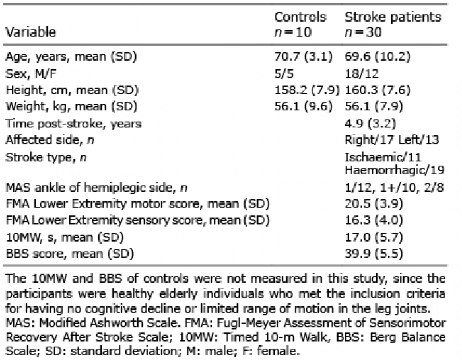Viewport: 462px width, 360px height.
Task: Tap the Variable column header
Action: [x=30, y=32]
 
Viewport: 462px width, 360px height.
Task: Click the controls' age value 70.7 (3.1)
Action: [x=303, y=56]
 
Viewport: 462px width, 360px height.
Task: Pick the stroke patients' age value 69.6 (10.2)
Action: [x=378, y=56]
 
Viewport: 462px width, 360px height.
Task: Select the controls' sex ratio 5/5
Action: [x=284, y=73]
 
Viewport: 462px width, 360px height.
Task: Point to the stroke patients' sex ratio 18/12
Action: [x=362, y=73]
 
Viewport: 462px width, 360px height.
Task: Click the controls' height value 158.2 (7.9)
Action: [x=307, y=90]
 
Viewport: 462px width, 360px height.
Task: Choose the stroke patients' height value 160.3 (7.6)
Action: [x=378, y=90]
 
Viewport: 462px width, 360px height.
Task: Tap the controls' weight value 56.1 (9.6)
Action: [x=303, y=106]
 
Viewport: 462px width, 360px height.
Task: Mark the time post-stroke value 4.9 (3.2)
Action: [x=370, y=124]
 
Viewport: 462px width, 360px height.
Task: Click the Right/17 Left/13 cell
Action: [x=392, y=140]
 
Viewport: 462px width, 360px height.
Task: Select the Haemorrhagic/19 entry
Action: [x=395, y=170]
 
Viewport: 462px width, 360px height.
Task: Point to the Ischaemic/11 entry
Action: [x=383, y=157]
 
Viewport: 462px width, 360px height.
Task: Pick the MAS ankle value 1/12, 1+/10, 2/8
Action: [x=394, y=187]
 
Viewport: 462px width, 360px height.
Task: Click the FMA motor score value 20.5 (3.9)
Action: [x=374, y=203]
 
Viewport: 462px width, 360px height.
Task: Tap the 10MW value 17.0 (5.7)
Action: [x=374, y=237]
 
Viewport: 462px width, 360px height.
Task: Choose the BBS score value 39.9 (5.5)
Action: [x=374, y=254]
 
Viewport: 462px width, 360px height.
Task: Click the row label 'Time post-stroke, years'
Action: [x=73, y=124]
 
